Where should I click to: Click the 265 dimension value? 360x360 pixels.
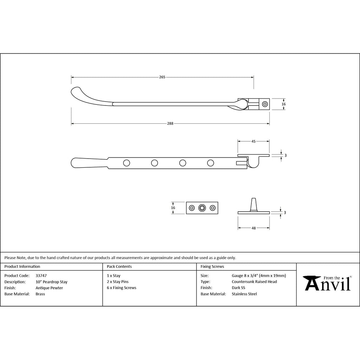tap(162, 77)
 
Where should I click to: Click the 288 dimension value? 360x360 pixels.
tap(170, 123)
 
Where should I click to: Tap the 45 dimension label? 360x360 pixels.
tap(253, 141)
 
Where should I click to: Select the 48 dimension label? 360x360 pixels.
tap(253, 228)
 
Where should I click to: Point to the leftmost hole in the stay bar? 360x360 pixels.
tap(127, 163)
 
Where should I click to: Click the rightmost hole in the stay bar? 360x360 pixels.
tap(211, 163)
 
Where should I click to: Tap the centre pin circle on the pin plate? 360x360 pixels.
tap(202, 208)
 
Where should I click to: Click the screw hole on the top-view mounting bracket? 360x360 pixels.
tap(265, 104)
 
